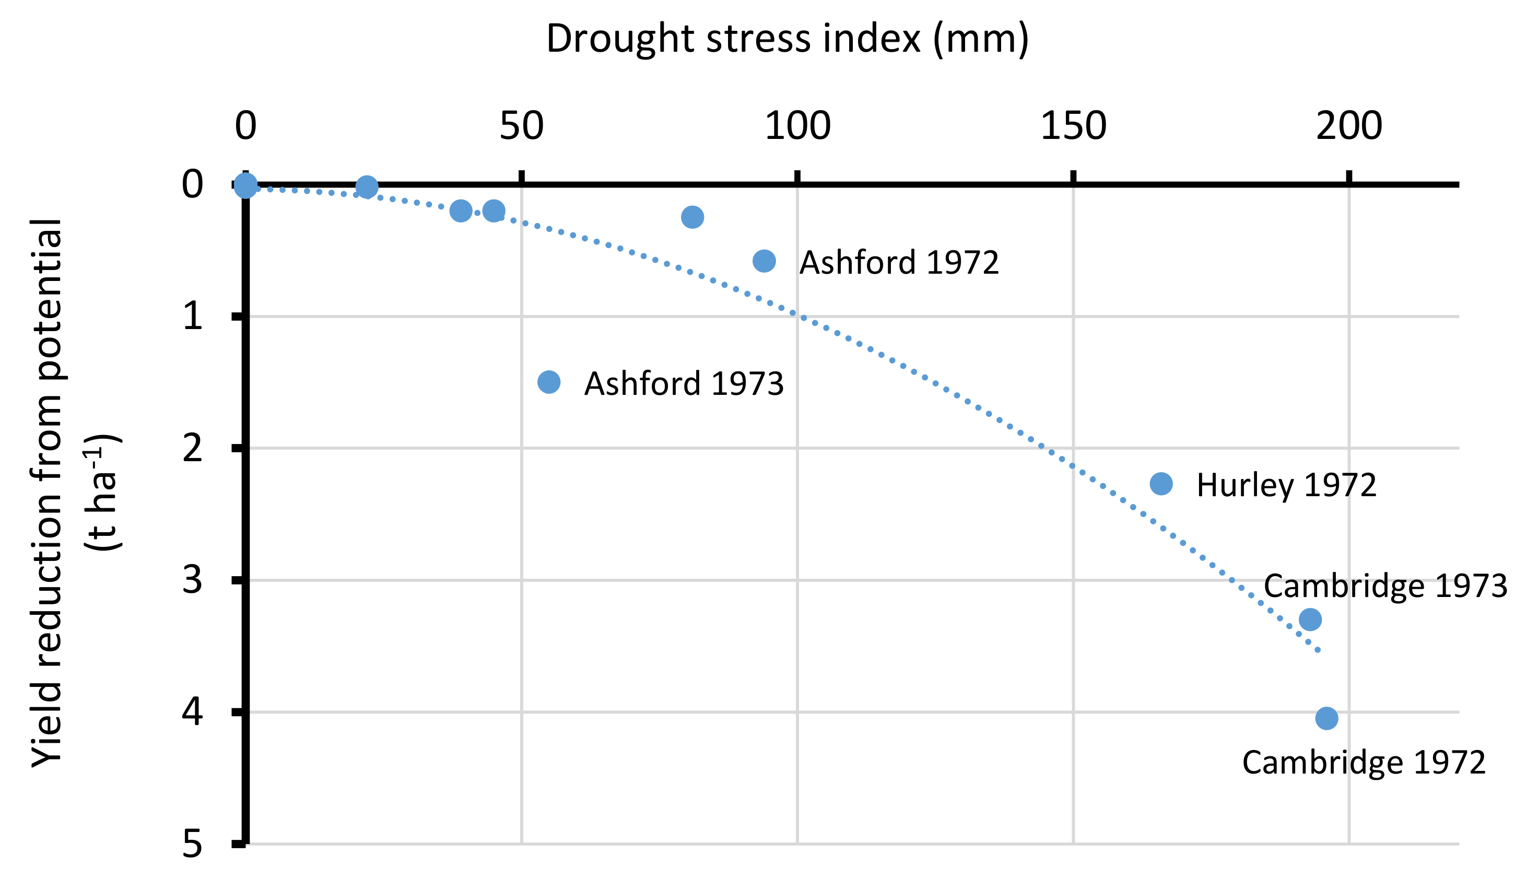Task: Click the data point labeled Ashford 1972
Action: click(764, 261)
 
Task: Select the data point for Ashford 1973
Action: click(549, 382)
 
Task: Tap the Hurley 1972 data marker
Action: click(1161, 484)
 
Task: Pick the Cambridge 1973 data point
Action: click(1310, 620)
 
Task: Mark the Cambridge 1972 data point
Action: click(1327, 719)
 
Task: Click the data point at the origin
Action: click(245, 185)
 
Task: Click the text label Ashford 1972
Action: click(899, 262)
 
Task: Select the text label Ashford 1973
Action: click(684, 383)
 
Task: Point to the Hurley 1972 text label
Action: click(1286, 485)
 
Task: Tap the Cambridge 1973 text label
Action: click(1385, 586)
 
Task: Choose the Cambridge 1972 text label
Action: click(1364, 762)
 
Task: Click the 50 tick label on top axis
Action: click(521, 126)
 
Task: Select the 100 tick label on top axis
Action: click(797, 126)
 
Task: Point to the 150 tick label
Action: click(1073, 126)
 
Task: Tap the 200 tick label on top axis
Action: click(1349, 126)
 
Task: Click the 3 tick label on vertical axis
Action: click(192, 580)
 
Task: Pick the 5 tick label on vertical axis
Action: click(192, 844)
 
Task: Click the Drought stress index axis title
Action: click(787, 39)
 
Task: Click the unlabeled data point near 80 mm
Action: click(692, 217)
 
